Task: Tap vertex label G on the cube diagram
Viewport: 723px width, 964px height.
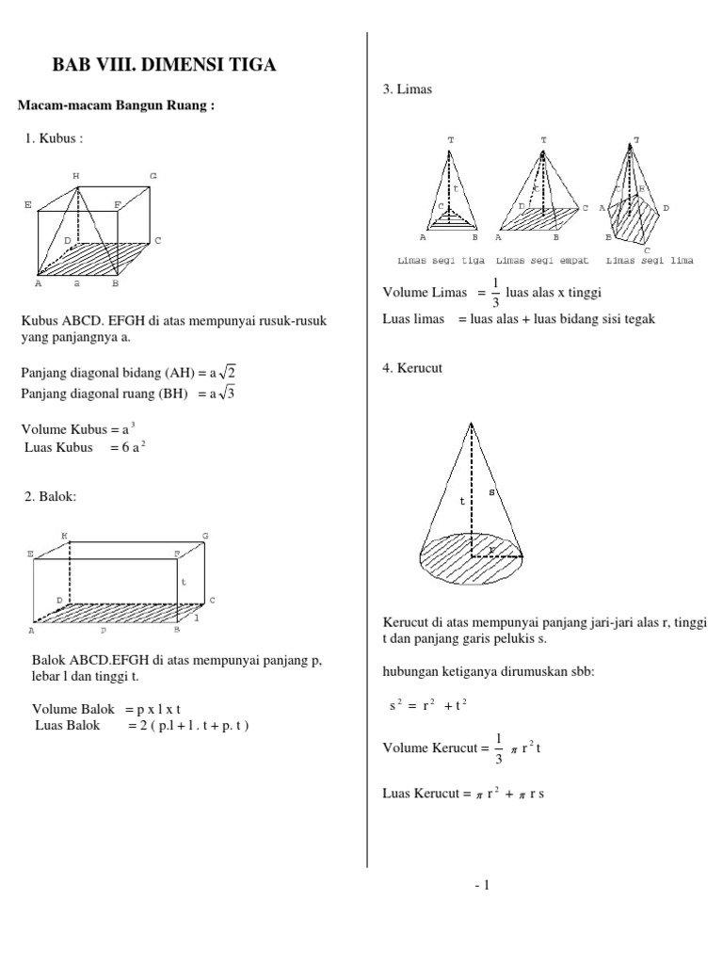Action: (x=153, y=176)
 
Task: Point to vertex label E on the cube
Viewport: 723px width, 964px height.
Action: (x=28, y=204)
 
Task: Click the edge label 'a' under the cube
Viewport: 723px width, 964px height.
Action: (x=76, y=282)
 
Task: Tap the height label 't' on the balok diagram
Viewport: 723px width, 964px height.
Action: (x=185, y=583)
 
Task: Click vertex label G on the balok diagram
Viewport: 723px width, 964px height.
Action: (x=204, y=536)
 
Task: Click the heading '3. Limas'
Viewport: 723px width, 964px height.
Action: (x=407, y=88)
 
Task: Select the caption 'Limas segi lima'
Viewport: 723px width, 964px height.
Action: (x=650, y=261)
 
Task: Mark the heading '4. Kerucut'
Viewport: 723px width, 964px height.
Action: (x=412, y=368)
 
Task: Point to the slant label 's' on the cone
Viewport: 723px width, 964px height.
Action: (x=491, y=492)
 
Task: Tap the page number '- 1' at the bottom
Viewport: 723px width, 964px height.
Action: (x=483, y=884)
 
